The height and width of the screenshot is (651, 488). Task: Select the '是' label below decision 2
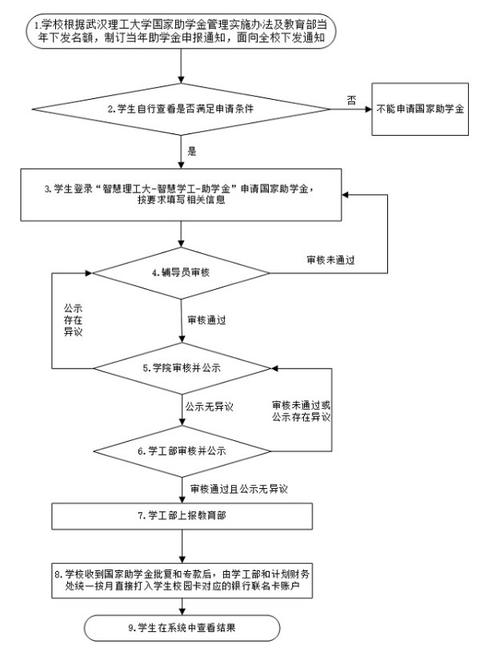(191, 149)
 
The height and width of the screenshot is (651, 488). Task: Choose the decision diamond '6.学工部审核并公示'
(183, 449)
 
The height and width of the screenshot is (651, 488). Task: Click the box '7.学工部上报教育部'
(183, 515)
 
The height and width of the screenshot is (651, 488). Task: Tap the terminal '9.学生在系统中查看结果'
(183, 625)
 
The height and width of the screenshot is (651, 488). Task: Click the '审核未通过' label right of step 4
(331, 260)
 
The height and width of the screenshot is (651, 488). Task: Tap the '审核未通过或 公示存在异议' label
(301, 411)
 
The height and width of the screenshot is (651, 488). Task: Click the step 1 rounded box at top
(183, 31)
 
